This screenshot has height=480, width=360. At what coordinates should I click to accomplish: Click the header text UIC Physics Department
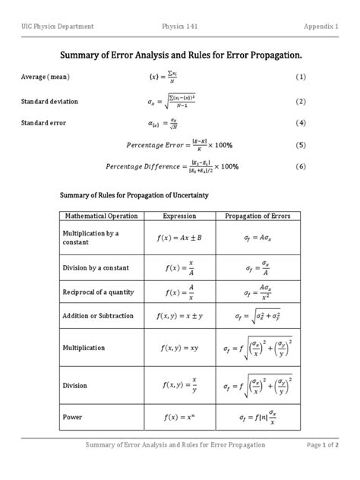pyautogui.click(x=58, y=27)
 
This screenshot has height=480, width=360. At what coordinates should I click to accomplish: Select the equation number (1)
pyautogui.click(x=301, y=77)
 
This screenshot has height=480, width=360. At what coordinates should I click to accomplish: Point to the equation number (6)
pyautogui.click(x=301, y=166)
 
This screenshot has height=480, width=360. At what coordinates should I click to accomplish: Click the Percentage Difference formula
pyautogui.click(x=184, y=166)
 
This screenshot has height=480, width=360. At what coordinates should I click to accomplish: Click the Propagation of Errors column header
pyautogui.click(x=261, y=216)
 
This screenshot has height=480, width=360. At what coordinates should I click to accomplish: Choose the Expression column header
pyautogui.click(x=180, y=216)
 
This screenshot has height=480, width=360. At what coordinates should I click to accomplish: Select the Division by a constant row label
pyautogui.click(x=96, y=267)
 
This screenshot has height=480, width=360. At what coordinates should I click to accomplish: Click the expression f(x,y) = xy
pyautogui.click(x=179, y=347)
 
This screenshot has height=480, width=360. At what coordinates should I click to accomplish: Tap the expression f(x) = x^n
pyautogui.click(x=180, y=417)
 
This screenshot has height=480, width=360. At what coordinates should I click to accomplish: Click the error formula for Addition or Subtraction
pyautogui.click(x=261, y=316)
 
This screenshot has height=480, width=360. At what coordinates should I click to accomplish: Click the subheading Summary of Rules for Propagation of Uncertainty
pyautogui.click(x=134, y=195)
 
